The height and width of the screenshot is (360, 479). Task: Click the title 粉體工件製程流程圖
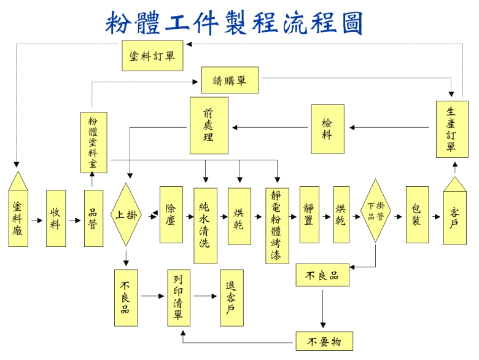click(234, 23)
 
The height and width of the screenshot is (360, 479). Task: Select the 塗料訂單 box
click(153, 55)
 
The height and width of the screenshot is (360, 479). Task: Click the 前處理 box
click(209, 125)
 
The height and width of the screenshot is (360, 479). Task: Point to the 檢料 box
click(327, 129)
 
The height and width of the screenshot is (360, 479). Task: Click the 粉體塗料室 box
click(93, 142)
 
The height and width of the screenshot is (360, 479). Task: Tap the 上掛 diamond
click(126, 214)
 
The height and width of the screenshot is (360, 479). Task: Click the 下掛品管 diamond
click(376, 210)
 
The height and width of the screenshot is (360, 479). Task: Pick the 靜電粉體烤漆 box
click(277, 225)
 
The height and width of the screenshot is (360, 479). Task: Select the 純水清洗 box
click(205, 225)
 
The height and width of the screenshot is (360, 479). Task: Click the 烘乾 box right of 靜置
click(341, 214)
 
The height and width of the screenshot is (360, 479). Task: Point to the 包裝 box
click(417, 214)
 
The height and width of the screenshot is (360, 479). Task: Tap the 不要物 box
click(324, 340)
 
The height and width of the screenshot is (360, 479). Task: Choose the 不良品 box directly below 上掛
click(125, 297)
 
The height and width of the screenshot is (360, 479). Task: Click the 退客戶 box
click(232, 297)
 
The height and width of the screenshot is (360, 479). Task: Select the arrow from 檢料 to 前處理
click(270, 128)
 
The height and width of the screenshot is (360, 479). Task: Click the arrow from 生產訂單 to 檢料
click(389, 128)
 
